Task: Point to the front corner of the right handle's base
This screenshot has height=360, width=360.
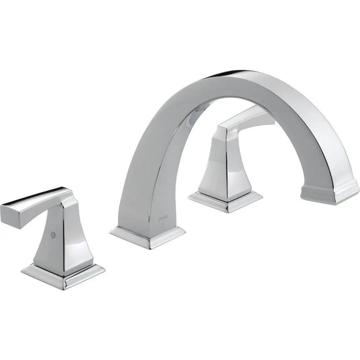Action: tap(225, 210)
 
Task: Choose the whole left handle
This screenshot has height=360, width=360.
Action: tap(56, 234)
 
